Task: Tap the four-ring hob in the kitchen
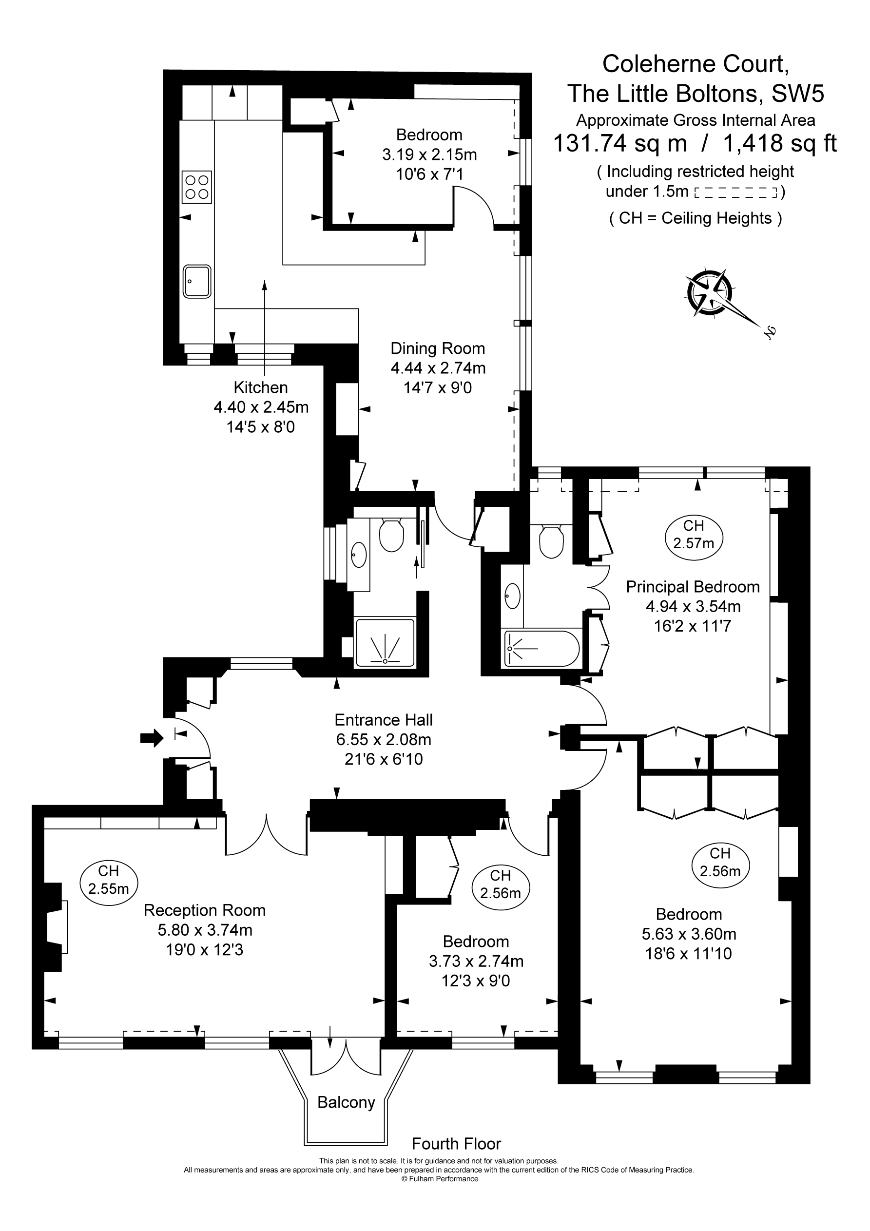(x=196, y=187)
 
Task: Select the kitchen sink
(x=196, y=282)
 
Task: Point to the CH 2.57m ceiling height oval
(x=694, y=535)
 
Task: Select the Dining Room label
(x=437, y=348)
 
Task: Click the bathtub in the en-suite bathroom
(x=541, y=648)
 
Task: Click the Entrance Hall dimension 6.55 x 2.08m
(x=384, y=739)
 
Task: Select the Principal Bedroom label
(x=693, y=587)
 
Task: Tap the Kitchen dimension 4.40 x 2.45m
(x=261, y=407)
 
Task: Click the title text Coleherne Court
(x=695, y=64)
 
